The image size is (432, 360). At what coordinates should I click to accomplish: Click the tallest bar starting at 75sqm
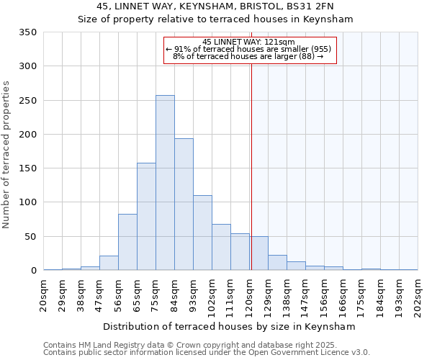pyautogui.click(x=165, y=183)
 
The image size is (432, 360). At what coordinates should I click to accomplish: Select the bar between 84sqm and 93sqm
pyautogui.click(x=184, y=204)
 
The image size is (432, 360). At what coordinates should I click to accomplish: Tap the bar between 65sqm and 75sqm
pyautogui.click(x=146, y=217)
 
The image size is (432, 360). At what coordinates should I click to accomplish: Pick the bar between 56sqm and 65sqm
pyautogui.click(x=127, y=242)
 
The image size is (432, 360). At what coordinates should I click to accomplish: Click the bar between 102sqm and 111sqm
pyautogui.click(x=221, y=247)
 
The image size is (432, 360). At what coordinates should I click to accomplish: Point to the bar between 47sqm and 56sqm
pyautogui.click(x=109, y=263)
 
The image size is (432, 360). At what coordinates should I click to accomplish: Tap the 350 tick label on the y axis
pyautogui.click(x=28, y=32)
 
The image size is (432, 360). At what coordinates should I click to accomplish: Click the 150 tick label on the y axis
pyautogui.click(x=28, y=168)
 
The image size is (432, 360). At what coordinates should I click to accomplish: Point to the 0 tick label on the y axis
pyautogui.click(x=33, y=271)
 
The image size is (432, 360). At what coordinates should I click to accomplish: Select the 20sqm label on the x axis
pyautogui.click(x=44, y=295)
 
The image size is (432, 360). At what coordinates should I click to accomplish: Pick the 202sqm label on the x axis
pyautogui.click(x=418, y=295)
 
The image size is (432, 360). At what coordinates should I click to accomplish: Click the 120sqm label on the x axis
pyautogui.click(x=250, y=295)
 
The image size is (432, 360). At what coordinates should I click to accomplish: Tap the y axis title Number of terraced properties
pyautogui.click(x=6, y=155)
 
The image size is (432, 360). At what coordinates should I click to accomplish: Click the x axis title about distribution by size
pyautogui.click(x=230, y=326)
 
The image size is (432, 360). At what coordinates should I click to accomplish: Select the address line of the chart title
pyautogui.click(x=215, y=6)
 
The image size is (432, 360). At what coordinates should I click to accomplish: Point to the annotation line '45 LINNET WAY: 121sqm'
pyautogui.click(x=248, y=42)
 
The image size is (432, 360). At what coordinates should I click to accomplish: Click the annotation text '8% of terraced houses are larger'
pyautogui.click(x=248, y=56)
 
